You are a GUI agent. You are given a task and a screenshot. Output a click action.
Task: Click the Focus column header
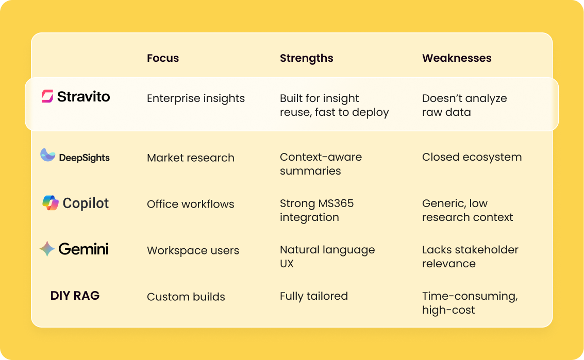click(x=163, y=58)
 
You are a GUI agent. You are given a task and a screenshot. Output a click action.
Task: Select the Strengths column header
click(x=307, y=58)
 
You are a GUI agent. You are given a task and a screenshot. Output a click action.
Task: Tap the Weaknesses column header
click(x=457, y=58)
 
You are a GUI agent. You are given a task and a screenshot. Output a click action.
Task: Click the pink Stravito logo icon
click(x=47, y=96)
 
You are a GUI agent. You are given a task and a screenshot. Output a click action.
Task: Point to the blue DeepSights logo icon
click(x=47, y=155)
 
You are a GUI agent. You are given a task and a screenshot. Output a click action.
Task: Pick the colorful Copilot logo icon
click(x=51, y=203)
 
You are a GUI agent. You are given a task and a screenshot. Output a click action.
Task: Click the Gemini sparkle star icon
click(x=47, y=249)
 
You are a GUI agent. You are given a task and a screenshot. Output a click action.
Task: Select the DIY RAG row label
click(x=75, y=296)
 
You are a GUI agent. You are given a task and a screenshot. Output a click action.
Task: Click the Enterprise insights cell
click(x=196, y=98)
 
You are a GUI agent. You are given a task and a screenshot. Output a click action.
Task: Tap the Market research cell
click(x=191, y=158)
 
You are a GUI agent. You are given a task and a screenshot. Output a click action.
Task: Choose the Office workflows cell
click(x=191, y=204)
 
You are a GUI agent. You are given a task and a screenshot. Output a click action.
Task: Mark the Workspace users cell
click(x=193, y=250)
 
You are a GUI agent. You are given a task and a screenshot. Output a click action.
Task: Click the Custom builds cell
click(x=186, y=297)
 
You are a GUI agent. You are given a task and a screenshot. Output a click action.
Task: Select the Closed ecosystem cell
click(x=472, y=158)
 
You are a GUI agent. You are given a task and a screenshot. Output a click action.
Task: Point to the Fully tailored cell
click(x=313, y=296)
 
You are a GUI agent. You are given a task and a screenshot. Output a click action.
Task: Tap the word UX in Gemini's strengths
click(x=287, y=264)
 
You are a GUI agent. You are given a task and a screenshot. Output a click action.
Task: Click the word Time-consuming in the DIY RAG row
click(x=470, y=296)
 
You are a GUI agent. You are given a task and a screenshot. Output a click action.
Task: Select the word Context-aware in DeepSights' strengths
click(x=321, y=157)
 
